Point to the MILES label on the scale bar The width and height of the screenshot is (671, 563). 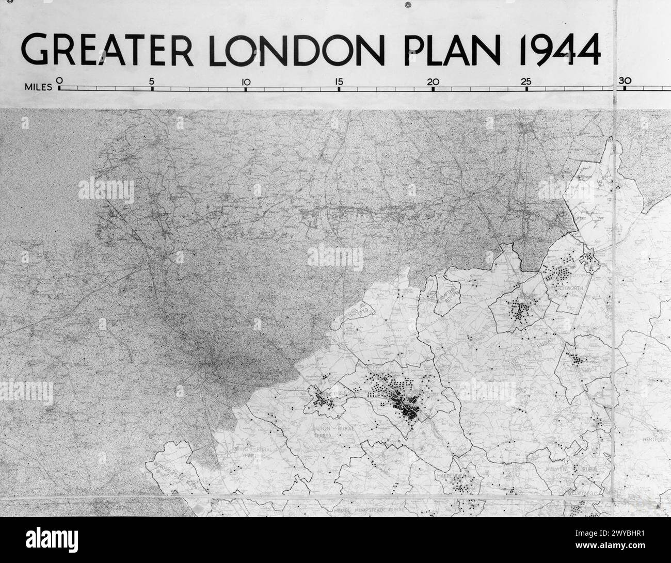tap(38, 87)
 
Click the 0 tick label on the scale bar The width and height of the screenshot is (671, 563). tap(59, 81)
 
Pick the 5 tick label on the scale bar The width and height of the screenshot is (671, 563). tap(152, 81)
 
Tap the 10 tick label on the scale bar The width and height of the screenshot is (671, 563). tap(246, 81)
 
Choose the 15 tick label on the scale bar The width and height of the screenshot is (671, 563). tap(339, 81)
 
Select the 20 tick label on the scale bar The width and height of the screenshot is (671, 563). tap(433, 81)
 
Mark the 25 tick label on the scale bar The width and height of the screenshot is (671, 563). tap(526, 81)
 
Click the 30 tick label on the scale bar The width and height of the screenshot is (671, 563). tap(625, 81)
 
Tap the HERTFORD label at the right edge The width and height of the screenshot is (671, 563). tap(656, 440)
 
